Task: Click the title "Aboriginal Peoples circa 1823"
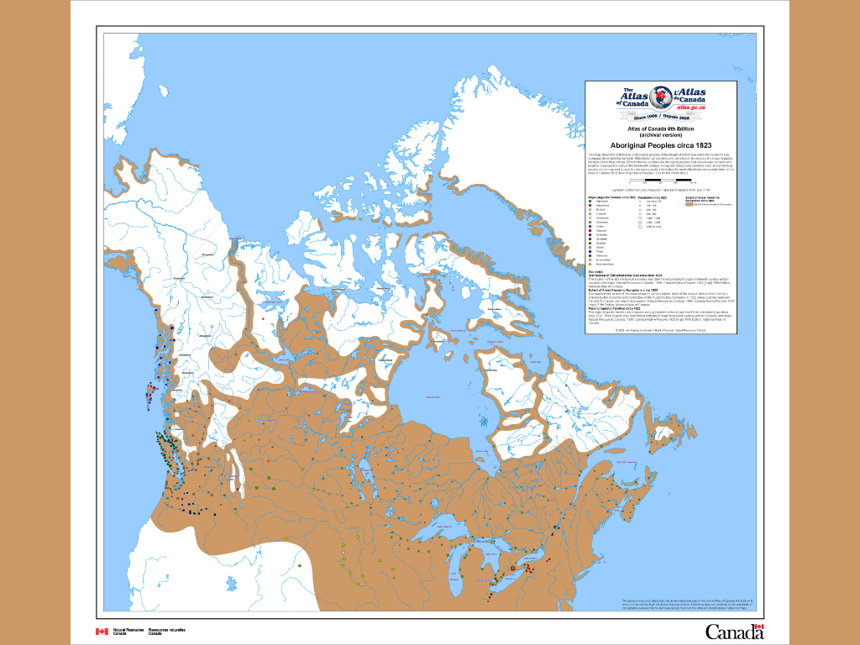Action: click(660, 144)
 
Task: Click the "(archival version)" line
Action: click(660, 134)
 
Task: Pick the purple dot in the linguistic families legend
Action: click(590, 226)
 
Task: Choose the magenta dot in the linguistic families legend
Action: click(590, 231)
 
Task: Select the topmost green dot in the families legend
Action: click(590, 202)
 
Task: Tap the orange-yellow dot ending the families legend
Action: click(590, 265)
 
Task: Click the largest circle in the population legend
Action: click(641, 227)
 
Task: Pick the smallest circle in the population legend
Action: click(641, 202)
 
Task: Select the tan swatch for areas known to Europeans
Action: click(689, 205)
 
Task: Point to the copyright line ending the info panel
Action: click(660, 330)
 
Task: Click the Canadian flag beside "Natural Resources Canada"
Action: click(102, 631)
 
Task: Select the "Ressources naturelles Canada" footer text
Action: click(166, 631)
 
